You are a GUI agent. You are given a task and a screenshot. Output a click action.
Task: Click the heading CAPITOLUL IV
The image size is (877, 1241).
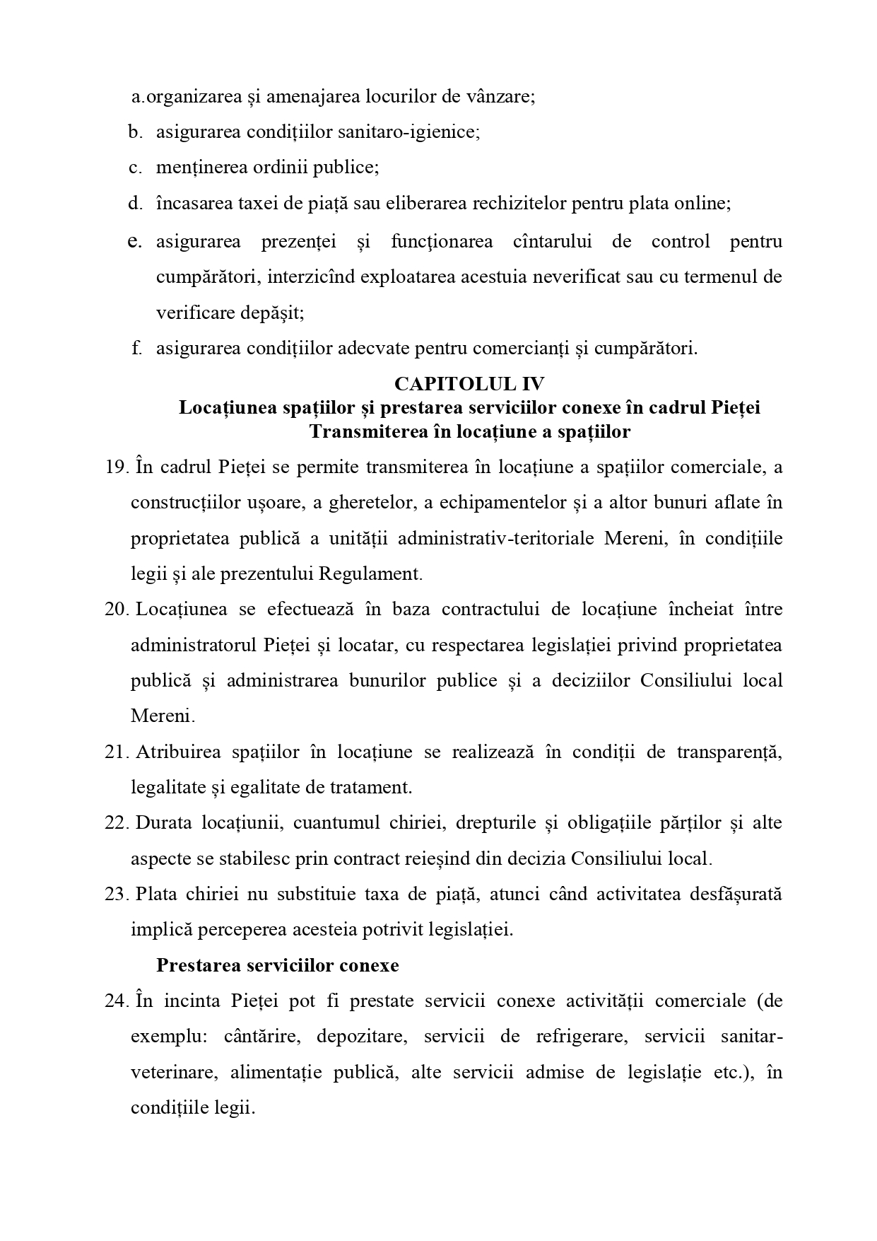pyautogui.click(x=469, y=384)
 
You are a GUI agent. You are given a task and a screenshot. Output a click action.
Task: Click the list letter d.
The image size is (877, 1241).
pyautogui.click(x=135, y=204)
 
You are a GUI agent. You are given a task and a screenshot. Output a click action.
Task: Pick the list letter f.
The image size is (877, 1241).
pyautogui.click(x=136, y=348)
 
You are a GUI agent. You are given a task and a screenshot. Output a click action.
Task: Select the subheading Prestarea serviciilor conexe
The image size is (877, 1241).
pyautogui.click(x=277, y=966)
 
